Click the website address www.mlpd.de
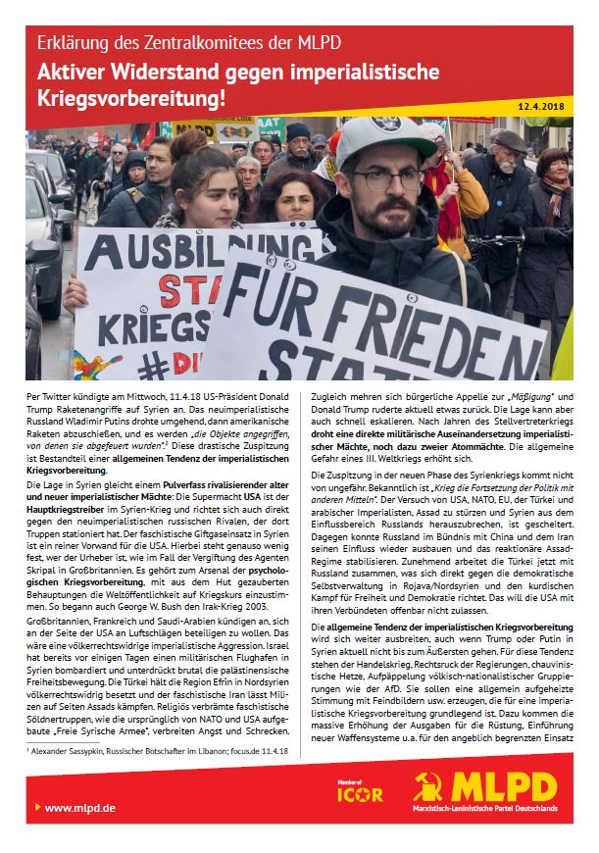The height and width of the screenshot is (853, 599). [79, 807]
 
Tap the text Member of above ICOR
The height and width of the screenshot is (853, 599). [353, 779]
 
